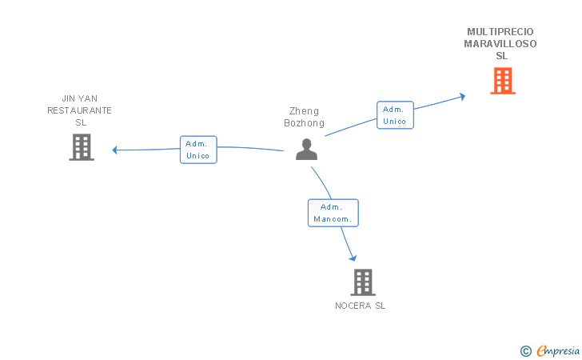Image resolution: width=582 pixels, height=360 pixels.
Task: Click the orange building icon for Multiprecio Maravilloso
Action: tap(502, 80)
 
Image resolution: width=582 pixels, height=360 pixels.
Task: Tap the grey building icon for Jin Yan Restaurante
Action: tap(81, 146)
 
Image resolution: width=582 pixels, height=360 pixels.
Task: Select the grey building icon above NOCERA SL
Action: tap(362, 282)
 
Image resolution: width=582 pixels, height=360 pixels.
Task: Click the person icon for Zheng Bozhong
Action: tap(306, 149)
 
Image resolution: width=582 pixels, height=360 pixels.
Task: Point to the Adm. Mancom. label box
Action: tap(333, 213)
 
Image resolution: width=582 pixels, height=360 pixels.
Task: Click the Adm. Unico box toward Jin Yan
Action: tap(198, 150)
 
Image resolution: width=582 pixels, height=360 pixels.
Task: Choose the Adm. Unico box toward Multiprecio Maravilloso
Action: tap(395, 115)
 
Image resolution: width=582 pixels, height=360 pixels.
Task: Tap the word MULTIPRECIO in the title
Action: tap(500, 32)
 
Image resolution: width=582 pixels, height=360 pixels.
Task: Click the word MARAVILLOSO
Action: tap(500, 44)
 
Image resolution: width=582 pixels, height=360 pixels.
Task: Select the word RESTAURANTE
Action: tap(79, 110)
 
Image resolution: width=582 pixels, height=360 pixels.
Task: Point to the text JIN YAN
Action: tap(79, 98)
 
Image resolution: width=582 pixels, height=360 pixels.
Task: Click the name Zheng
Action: tap(304, 111)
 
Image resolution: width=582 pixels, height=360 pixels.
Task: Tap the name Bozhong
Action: tap(304, 123)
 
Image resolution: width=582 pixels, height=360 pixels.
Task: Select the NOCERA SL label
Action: tap(360, 306)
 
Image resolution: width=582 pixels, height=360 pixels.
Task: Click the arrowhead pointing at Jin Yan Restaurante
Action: tap(115, 150)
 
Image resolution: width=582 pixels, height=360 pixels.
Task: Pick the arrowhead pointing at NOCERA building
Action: tap(353, 258)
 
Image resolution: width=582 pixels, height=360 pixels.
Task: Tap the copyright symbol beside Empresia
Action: tap(525, 350)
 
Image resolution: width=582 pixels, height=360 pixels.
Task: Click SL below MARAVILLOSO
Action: tap(501, 56)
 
